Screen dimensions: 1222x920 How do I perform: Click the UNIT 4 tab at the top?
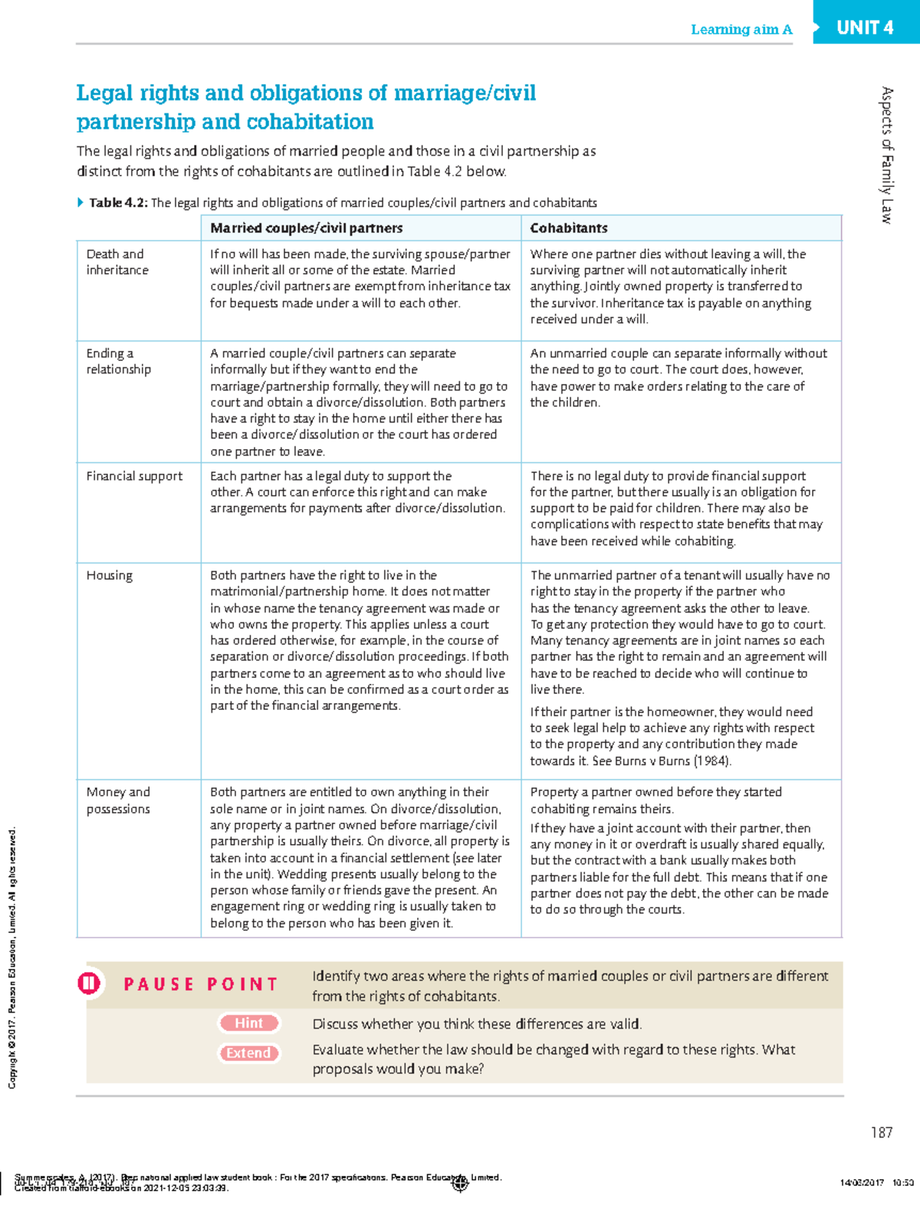click(865, 28)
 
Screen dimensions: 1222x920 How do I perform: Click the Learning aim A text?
click(741, 30)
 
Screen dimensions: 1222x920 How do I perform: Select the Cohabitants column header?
click(568, 228)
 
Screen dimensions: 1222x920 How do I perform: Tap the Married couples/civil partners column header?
click(306, 228)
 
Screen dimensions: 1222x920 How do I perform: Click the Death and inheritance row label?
click(117, 262)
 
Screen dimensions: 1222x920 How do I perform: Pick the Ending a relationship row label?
click(118, 361)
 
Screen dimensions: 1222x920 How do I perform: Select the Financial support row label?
click(134, 476)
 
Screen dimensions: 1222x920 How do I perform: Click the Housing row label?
click(109, 576)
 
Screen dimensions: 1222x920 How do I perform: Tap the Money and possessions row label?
click(118, 800)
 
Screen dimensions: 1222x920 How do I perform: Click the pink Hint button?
click(249, 1023)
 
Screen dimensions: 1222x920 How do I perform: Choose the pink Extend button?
click(249, 1053)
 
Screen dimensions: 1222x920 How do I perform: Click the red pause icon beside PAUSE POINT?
click(89, 984)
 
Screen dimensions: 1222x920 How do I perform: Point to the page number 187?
click(881, 1132)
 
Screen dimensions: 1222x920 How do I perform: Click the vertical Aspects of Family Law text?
click(887, 155)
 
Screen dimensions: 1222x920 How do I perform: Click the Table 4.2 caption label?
click(117, 203)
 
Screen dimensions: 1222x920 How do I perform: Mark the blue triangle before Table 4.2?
click(80, 203)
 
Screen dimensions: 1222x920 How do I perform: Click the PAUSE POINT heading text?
click(201, 984)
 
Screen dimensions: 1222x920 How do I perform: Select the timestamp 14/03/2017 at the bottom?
click(862, 1183)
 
